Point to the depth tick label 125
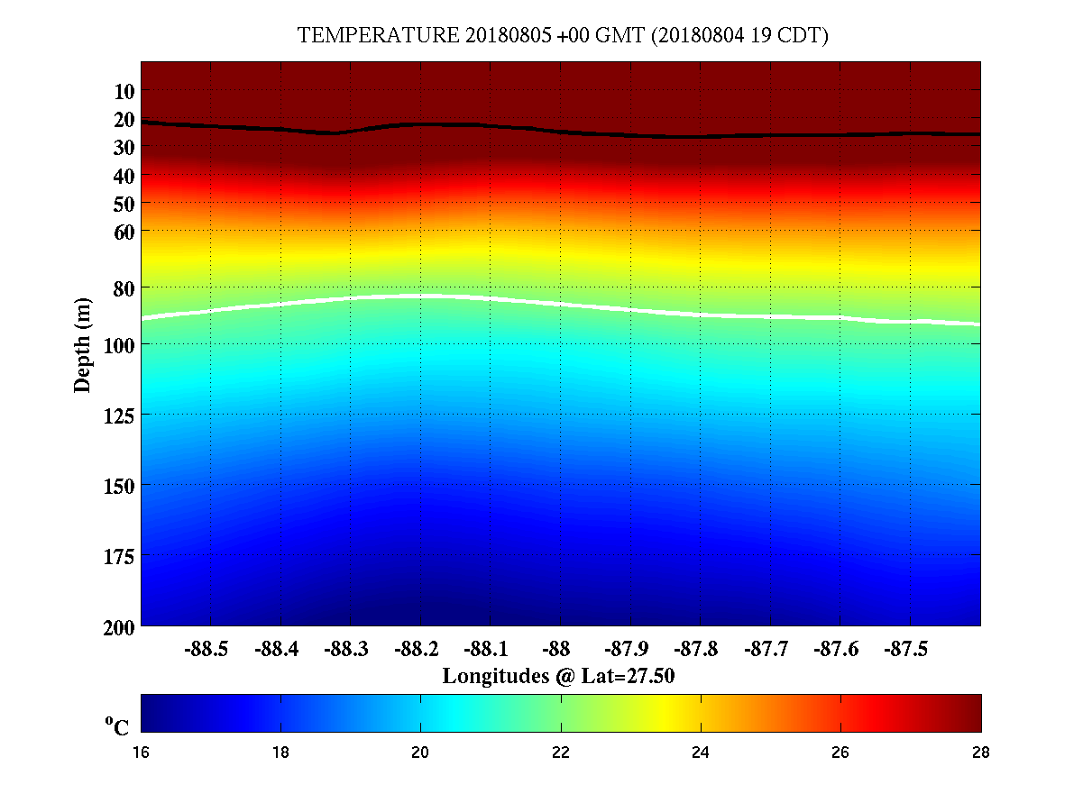[x=117, y=415]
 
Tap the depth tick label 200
[x=117, y=626]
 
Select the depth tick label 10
[x=124, y=91]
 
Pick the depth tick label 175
[x=117, y=556]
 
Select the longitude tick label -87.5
[x=904, y=649]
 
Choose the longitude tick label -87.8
[x=694, y=649]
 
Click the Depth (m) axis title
[x=83, y=344]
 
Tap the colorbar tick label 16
[x=142, y=753]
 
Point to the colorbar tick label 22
[x=561, y=753]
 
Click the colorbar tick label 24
[x=701, y=753]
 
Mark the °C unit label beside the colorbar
[x=117, y=726]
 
